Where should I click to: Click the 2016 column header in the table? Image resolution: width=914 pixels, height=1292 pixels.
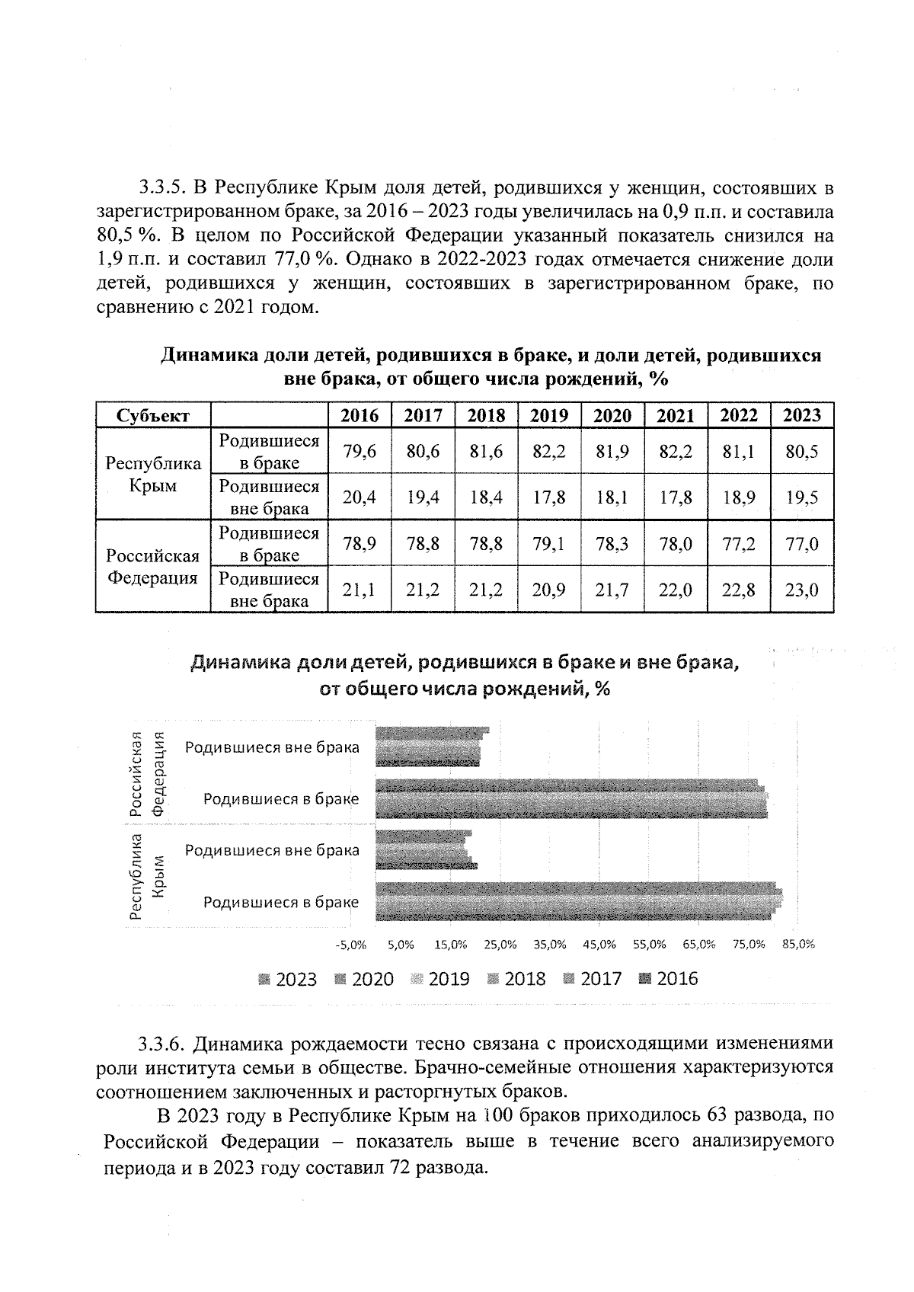click(359, 415)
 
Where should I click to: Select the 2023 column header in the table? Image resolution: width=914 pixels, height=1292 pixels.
click(802, 415)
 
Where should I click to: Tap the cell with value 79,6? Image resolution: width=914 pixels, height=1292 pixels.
click(359, 452)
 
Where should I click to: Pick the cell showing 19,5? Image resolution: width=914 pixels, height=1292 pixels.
click(802, 497)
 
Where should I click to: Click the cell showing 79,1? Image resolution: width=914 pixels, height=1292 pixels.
click(548, 544)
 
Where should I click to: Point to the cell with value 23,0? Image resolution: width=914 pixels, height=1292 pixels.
click(802, 590)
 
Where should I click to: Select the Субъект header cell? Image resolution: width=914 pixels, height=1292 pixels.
click(152, 415)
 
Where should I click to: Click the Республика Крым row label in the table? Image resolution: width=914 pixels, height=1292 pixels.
click(152, 475)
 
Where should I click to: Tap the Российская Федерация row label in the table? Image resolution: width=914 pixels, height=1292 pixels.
click(152, 567)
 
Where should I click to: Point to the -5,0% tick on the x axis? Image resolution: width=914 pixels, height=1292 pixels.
click(350, 944)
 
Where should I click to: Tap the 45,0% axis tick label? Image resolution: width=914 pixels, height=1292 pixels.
click(599, 944)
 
